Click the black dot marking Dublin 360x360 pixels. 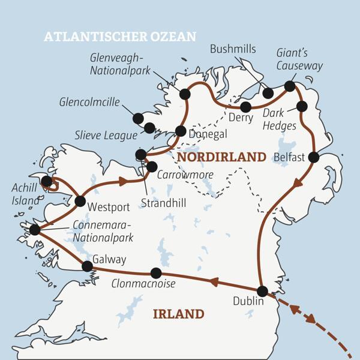click(x=262, y=291)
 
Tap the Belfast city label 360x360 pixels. click(x=289, y=157)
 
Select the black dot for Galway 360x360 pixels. click(x=87, y=266)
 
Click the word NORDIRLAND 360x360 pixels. click(x=221, y=157)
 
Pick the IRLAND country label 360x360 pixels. click(x=178, y=314)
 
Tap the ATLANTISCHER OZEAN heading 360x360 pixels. click(x=120, y=37)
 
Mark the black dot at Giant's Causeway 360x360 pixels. click(x=290, y=86)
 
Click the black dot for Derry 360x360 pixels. click(x=245, y=107)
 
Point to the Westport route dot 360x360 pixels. click(x=80, y=201)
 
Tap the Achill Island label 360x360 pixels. click(x=24, y=194)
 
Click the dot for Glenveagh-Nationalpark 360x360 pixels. click(x=185, y=94)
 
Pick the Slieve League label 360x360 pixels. click(x=107, y=136)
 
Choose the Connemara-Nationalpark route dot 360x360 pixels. click(x=35, y=229)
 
